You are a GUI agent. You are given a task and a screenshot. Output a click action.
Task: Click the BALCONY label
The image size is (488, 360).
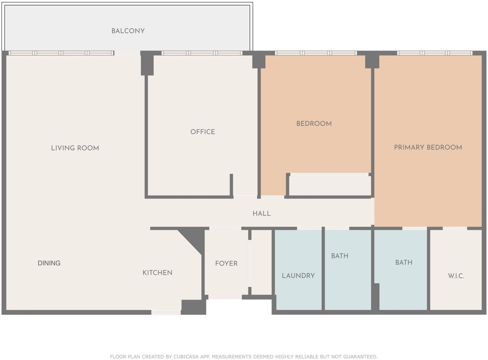coord(128,31)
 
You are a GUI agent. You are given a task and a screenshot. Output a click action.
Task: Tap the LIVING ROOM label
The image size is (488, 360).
coord(75,148)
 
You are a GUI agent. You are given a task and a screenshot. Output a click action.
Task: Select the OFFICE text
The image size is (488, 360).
coord(203,132)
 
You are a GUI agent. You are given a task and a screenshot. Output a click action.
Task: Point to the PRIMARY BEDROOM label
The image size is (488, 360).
coord(428,147)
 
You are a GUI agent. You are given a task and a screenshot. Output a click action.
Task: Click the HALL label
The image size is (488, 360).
coord(262,213)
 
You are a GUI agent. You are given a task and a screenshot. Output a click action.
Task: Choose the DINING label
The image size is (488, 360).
coord(49,263)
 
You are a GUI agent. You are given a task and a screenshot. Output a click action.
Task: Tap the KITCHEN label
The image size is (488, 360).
coord(157,273)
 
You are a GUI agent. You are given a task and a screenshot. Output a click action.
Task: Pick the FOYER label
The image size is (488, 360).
coord(226,264)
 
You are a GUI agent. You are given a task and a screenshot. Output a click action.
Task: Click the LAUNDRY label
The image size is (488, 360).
coord(298,276)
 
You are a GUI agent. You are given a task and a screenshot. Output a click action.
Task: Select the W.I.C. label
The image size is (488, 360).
coord(456,276)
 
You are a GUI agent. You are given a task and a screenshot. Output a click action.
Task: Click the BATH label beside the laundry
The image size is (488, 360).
coord(339,256)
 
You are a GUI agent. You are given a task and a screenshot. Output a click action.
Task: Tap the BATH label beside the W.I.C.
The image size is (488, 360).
coord(404,263)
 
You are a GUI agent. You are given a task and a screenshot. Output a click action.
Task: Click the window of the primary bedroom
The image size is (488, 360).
coord(435,53)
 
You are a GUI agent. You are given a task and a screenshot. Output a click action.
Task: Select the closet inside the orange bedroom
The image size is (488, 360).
coord(330,185)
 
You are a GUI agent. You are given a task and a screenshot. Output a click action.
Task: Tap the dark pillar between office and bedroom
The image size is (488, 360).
coord(259,60)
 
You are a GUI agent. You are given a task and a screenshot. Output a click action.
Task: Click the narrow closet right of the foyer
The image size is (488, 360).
coord(262,262)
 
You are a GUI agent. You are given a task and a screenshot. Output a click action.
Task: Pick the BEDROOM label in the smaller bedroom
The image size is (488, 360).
coord(314,123)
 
